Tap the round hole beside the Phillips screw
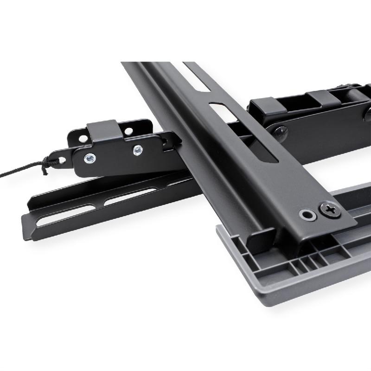(307, 215)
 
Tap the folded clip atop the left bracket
(103, 132)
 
